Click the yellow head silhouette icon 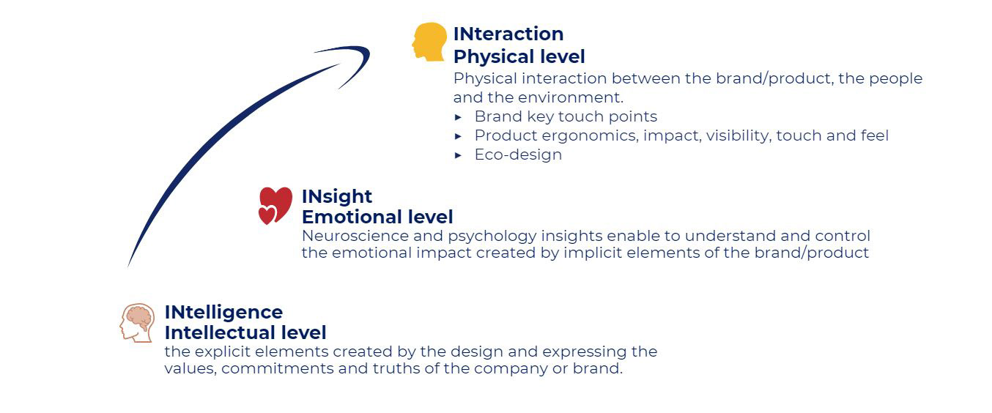(x=429, y=42)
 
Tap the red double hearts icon (x=275, y=205)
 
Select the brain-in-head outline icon (x=137, y=323)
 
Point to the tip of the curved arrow (x=369, y=51)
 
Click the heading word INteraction (x=508, y=34)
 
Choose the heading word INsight (x=336, y=196)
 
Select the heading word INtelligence (x=223, y=312)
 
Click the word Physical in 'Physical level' (x=488, y=56)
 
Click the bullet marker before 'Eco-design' (x=458, y=155)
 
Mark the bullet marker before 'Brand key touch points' (x=458, y=117)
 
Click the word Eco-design (x=518, y=155)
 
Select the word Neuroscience (x=355, y=236)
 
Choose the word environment (x=571, y=97)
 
